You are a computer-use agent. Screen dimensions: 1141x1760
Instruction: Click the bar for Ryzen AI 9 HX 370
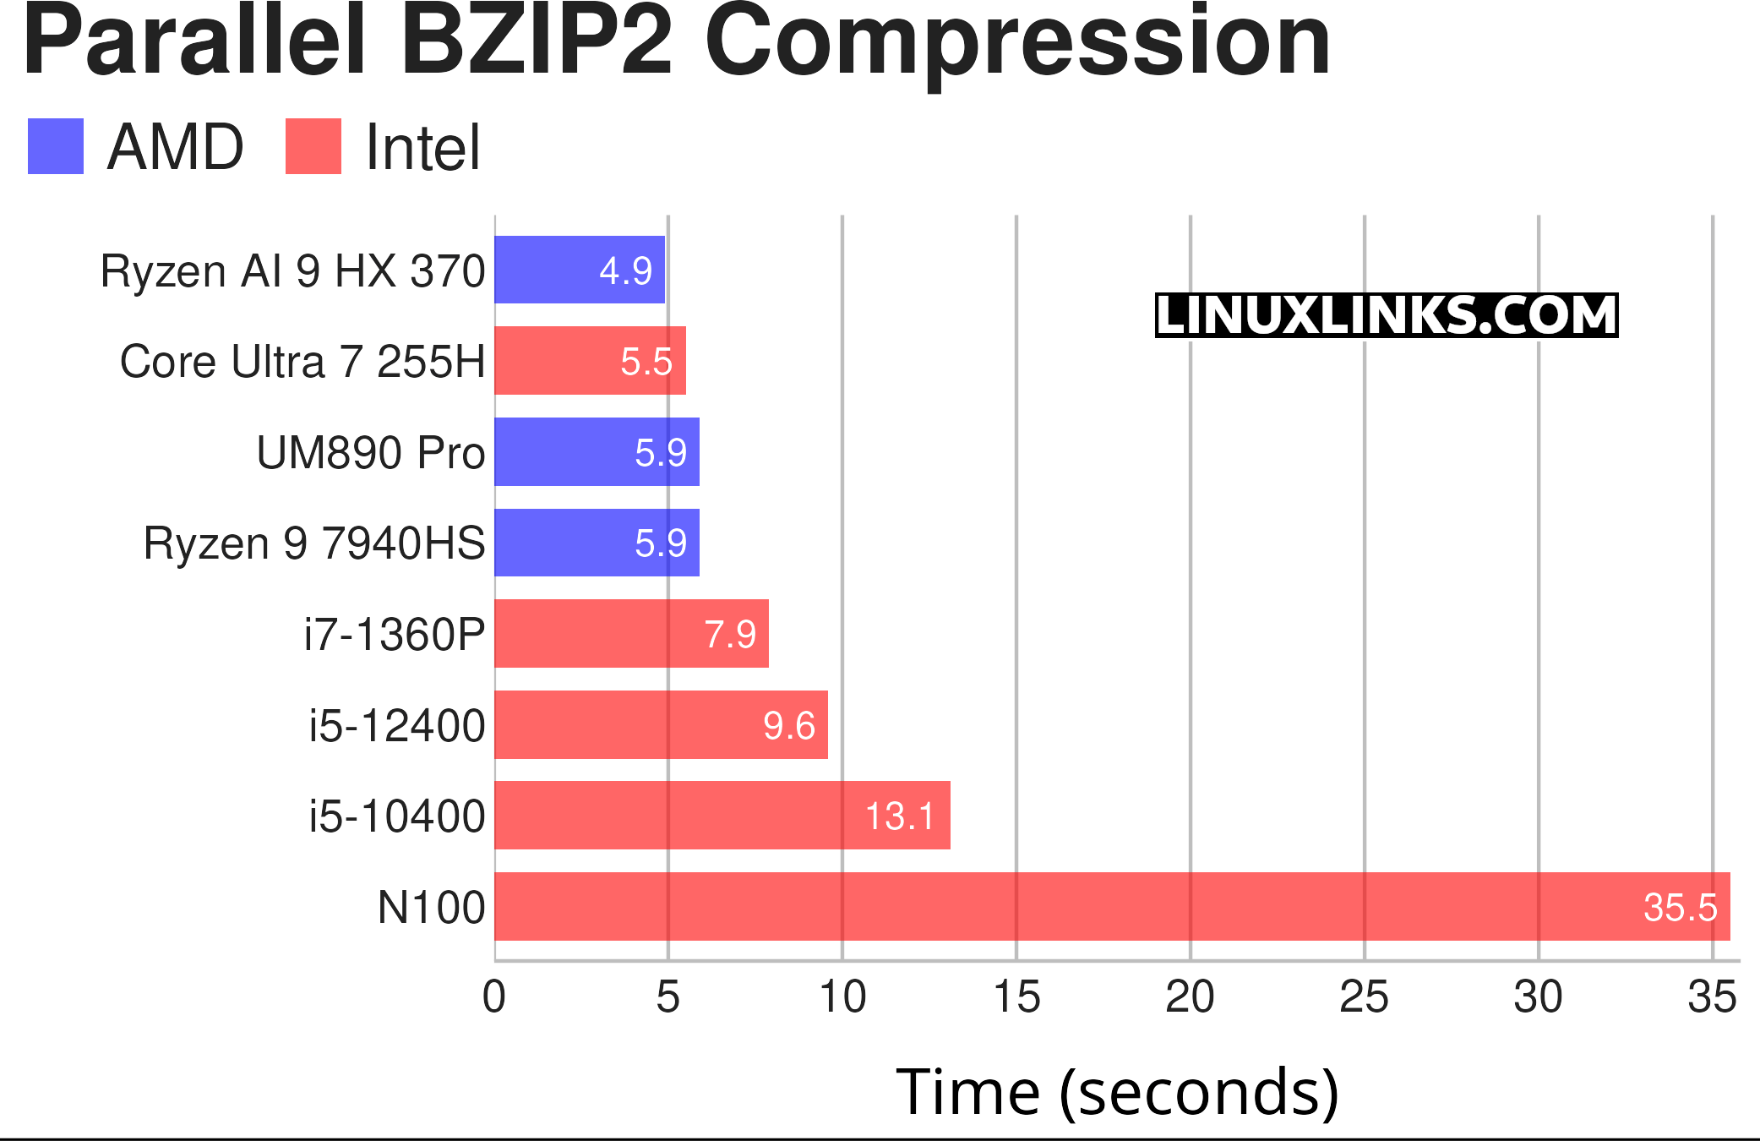580,270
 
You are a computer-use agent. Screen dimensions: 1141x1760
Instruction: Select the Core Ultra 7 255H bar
590,361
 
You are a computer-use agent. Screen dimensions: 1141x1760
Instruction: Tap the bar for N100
1112,906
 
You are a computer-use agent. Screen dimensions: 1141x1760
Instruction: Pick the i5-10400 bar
722,815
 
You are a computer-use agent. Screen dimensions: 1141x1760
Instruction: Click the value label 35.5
1680,908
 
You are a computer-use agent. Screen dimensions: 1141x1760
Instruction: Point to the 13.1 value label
900,816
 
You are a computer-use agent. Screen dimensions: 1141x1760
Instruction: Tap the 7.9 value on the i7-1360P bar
730,634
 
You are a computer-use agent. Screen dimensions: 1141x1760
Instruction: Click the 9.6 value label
789,725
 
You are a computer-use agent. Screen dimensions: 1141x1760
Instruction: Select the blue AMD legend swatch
56,146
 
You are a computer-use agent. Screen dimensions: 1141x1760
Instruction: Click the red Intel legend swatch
313,146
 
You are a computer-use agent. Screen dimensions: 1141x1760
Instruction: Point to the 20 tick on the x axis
1190,997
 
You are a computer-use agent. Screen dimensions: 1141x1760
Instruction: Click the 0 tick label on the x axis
494,997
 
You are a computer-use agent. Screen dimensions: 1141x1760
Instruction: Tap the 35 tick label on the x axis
1712,997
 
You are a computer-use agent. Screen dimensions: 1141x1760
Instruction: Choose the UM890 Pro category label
370,452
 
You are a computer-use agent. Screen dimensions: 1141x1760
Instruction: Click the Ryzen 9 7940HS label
314,543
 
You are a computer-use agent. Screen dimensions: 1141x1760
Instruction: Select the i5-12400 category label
396,725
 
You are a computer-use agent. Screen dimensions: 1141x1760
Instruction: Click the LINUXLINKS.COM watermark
1386,315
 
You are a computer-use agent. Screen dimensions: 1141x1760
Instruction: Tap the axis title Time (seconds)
1117,1092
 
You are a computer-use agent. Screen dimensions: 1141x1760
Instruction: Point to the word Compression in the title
1017,42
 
